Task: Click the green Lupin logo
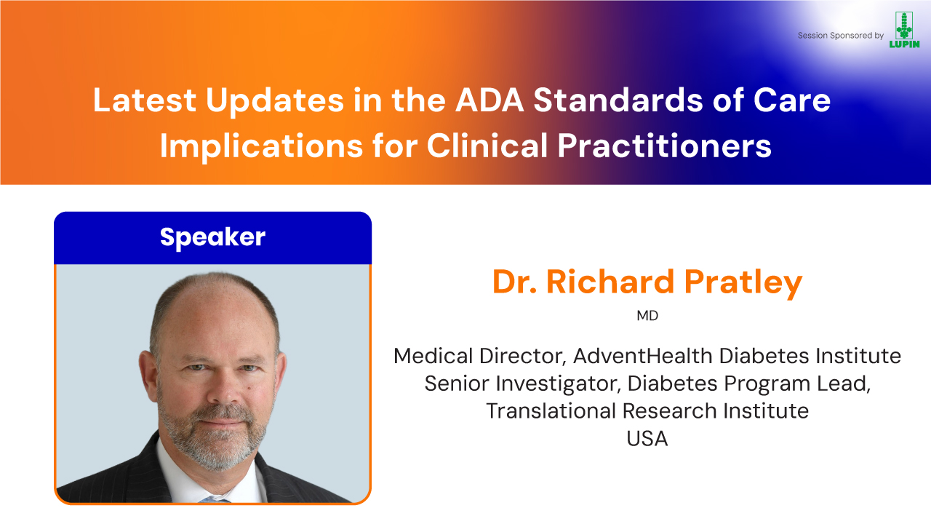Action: (904, 30)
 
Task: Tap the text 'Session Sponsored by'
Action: (840, 36)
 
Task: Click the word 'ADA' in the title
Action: (490, 100)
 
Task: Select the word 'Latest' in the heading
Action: (144, 100)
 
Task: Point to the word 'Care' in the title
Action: (792, 100)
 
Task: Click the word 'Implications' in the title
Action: (261, 146)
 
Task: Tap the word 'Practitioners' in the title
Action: (664, 146)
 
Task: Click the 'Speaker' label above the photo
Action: (212, 237)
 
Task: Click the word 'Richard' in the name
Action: (610, 282)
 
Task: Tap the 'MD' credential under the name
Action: (647, 316)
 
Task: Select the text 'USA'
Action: (647, 438)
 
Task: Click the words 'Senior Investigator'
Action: (522, 384)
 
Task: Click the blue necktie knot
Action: (213, 499)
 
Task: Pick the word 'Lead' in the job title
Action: (843, 384)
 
